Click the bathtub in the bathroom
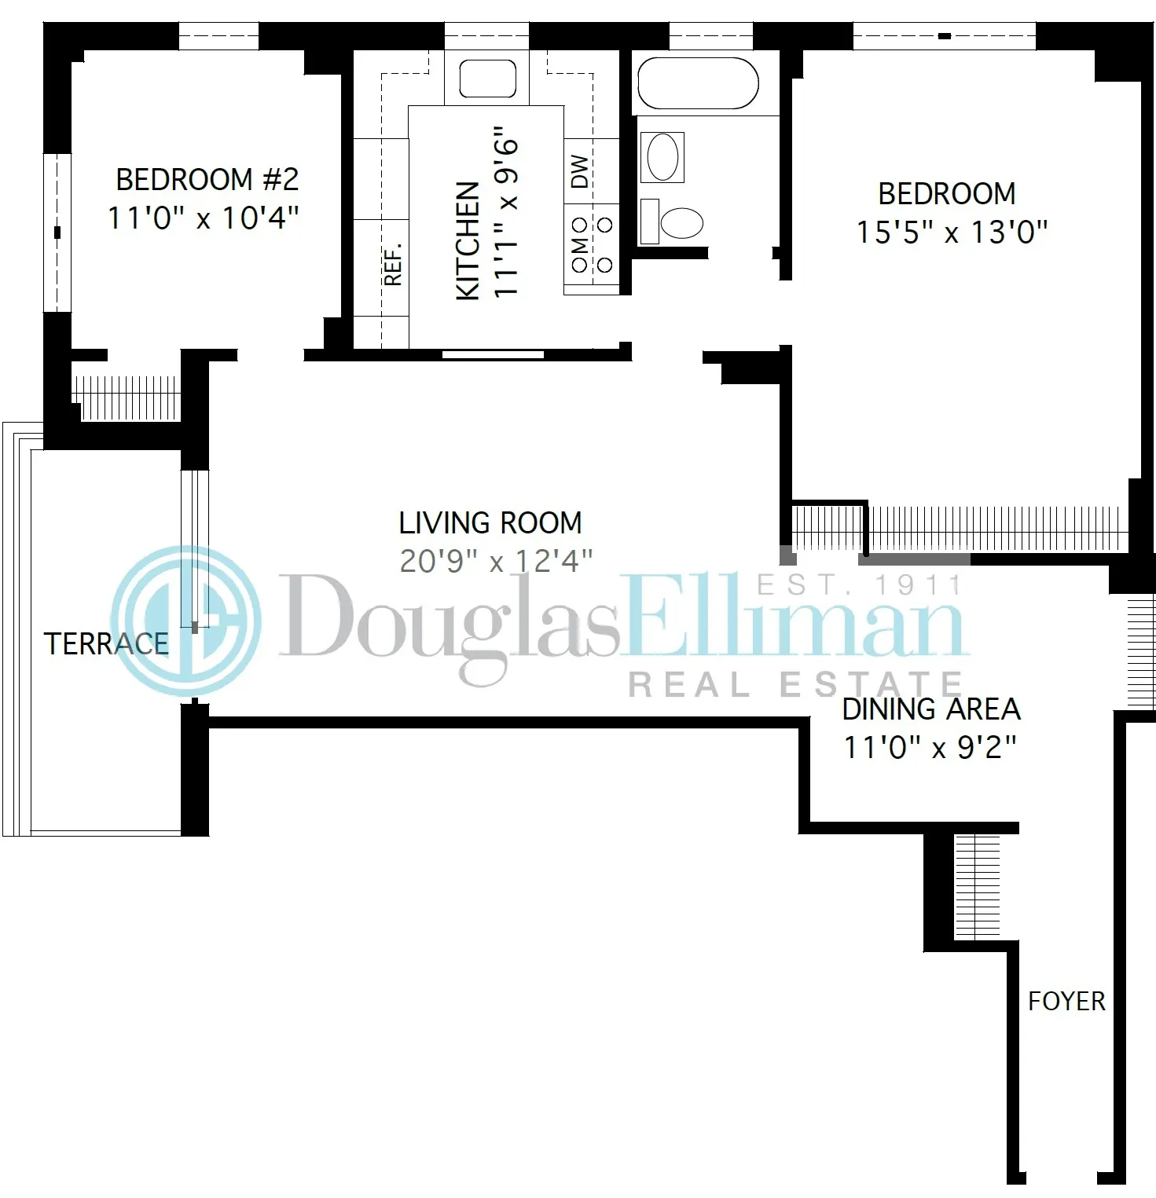[697, 82]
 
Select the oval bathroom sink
[662, 157]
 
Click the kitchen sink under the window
[487, 79]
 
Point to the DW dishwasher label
[580, 171]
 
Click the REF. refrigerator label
[393, 263]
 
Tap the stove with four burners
[592, 244]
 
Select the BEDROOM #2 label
[207, 180]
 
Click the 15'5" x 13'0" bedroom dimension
[952, 233]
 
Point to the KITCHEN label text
[468, 240]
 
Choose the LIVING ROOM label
[490, 523]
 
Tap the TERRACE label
[106, 644]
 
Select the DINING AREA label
[931, 709]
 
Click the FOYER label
[1066, 1002]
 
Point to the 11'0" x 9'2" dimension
[930, 747]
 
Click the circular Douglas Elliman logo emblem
[185, 621]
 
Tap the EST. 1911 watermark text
[859, 585]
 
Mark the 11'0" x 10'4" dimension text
[204, 218]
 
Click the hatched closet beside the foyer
[975, 886]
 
